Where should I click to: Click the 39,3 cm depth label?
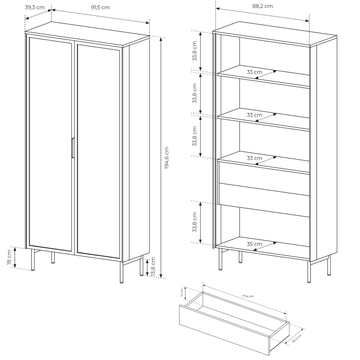tap(35, 7)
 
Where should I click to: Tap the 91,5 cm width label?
tap(100, 7)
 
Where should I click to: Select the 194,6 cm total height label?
tap(167, 158)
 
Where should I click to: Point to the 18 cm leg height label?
tap(9, 257)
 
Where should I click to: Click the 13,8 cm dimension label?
tap(153, 267)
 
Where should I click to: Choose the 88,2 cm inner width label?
tap(263, 6)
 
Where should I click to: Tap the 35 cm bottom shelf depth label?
tap(255, 244)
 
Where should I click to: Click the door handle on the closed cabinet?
tap(73, 148)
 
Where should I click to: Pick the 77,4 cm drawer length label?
tap(248, 296)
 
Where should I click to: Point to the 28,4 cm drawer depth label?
tap(297, 339)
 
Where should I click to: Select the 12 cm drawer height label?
tap(182, 292)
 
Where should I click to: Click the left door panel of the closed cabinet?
tap(50, 144)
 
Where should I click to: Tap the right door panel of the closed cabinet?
tap(99, 152)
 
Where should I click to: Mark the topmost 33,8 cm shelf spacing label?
tap(195, 51)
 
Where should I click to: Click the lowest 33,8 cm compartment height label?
tap(195, 222)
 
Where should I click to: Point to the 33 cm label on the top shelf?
tap(255, 72)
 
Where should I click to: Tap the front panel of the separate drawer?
tap(225, 330)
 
